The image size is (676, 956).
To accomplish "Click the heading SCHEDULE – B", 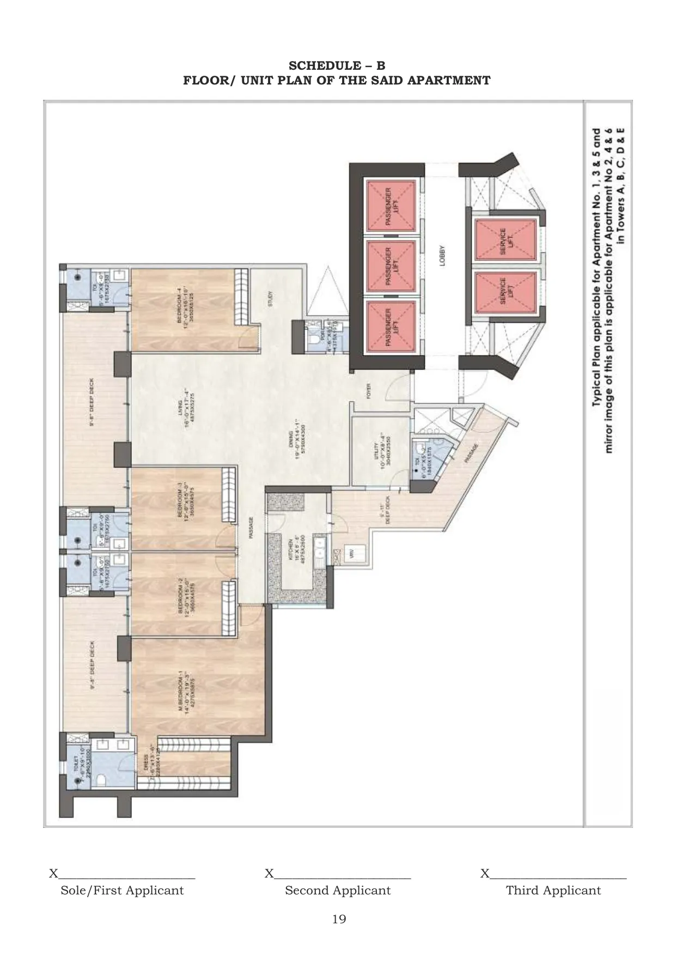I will click(x=337, y=66).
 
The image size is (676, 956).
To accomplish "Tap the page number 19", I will click(x=338, y=919).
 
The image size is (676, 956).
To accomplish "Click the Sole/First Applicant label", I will click(x=122, y=891).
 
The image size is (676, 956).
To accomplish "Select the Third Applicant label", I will click(x=553, y=891).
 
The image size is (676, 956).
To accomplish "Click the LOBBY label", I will click(x=442, y=255).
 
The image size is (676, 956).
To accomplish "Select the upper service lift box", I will click(x=505, y=240).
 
